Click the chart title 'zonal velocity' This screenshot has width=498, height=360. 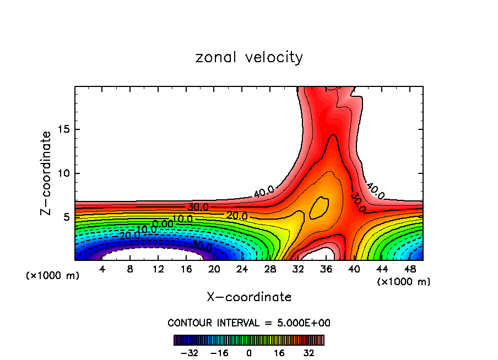[249, 57]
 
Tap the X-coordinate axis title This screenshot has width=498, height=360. [249, 297]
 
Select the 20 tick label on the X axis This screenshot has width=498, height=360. [214, 269]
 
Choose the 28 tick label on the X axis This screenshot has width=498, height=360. [270, 269]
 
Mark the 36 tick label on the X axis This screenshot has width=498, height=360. [326, 269]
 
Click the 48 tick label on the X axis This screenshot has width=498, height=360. [409, 269]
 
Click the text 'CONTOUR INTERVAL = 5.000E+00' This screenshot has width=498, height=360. [249, 323]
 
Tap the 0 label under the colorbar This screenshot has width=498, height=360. [249, 352]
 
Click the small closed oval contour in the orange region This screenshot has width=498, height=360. [320, 208]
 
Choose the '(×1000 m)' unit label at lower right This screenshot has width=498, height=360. [404, 282]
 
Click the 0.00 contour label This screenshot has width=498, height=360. [163, 224]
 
